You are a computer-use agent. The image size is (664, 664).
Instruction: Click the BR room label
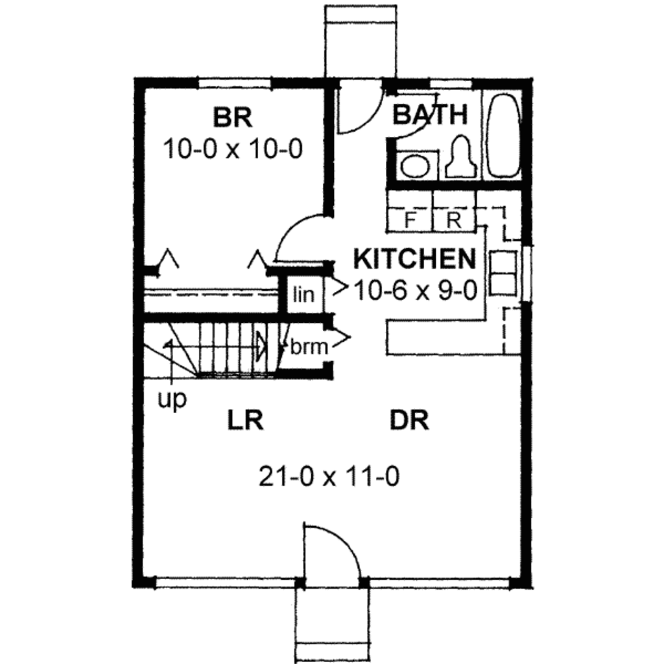(x=233, y=118)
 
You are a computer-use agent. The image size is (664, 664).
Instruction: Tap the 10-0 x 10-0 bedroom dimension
(x=233, y=150)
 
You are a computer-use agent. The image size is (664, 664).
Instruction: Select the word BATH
(x=430, y=115)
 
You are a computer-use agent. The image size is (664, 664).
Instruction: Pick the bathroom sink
(x=414, y=165)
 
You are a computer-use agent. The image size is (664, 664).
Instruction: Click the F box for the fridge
(x=410, y=219)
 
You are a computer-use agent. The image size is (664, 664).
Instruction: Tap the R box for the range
(x=454, y=219)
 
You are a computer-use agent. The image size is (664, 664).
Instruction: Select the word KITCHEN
(x=414, y=259)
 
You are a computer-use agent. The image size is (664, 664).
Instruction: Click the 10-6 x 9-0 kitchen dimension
(x=416, y=290)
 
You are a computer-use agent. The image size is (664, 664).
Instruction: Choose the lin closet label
(x=303, y=295)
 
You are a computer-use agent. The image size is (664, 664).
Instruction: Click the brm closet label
(x=309, y=347)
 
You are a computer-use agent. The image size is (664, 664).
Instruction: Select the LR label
(x=245, y=421)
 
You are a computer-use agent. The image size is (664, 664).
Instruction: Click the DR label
(x=410, y=421)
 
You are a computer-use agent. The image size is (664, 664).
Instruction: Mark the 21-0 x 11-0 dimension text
(x=328, y=478)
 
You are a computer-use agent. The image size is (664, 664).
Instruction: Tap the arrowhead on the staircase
(x=261, y=345)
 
